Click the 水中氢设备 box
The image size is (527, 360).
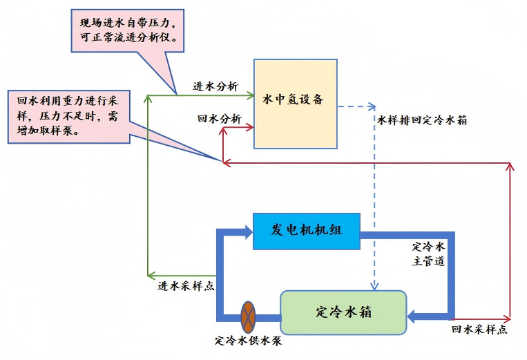[295, 104]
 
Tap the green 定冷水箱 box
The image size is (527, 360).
[343, 312]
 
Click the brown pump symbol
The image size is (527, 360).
[249, 317]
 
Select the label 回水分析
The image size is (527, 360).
[219, 119]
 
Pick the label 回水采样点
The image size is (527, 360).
[479, 330]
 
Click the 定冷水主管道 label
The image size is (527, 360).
[429, 254]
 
